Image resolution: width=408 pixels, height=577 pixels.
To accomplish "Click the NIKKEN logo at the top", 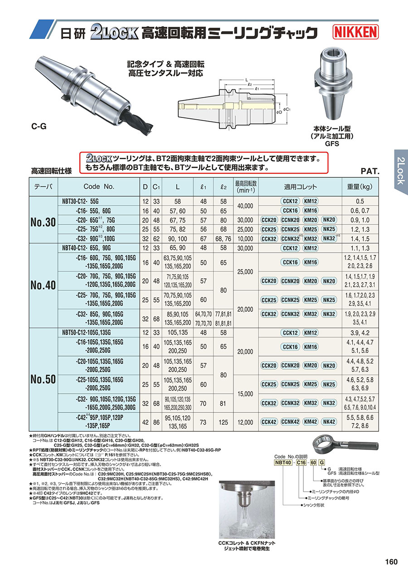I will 356,32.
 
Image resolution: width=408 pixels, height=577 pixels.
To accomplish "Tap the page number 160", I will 391,562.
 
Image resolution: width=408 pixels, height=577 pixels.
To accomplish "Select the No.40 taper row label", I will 43,285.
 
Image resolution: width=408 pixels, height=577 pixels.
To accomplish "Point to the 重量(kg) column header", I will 360,186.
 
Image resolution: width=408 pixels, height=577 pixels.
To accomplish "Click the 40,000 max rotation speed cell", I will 245,205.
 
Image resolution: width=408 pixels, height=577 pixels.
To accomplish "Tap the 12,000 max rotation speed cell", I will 245,422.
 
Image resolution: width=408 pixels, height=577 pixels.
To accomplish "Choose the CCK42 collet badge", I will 269,422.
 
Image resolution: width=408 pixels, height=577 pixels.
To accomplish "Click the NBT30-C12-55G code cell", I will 82,201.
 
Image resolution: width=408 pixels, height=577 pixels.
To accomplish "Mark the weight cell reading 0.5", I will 360,201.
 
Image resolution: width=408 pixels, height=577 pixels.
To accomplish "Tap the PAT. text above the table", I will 369,171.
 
